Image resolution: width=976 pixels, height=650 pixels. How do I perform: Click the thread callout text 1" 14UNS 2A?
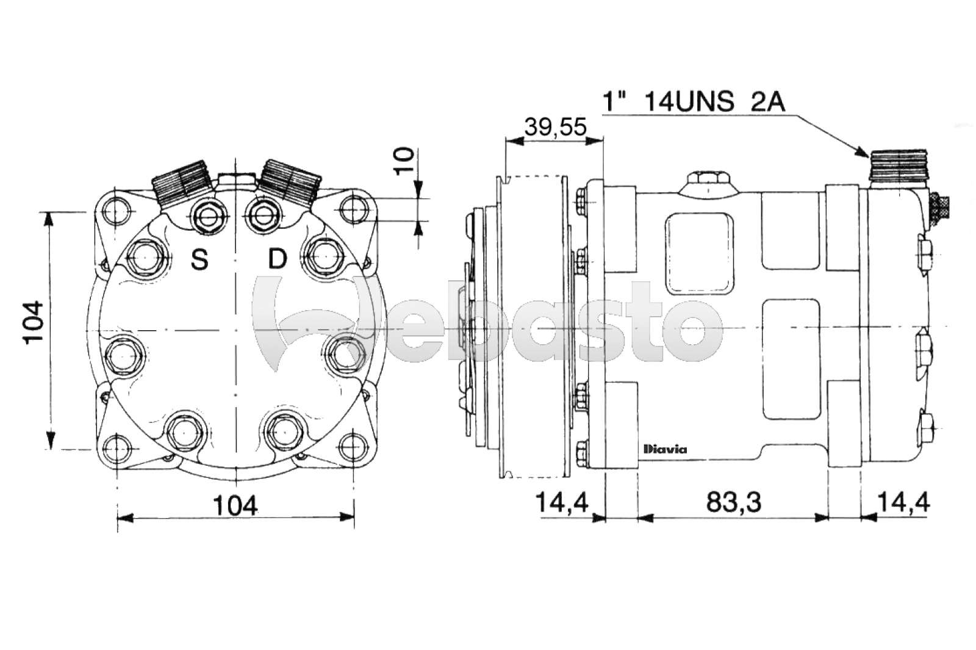pyautogui.click(x=693, y=101)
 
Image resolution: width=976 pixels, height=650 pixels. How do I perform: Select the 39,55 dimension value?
pyautogui.click(x=555, y=127)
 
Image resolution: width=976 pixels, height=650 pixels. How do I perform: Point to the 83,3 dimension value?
pyautogui.click(x=734, y=502)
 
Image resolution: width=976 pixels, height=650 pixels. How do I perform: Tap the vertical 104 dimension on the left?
pyautogui.click(x=34, y=322)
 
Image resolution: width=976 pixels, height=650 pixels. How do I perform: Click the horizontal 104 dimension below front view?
pyautogui.click(x=235, y=505)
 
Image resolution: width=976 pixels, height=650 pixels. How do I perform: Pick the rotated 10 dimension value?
pyautogui.click(x=404, y=161)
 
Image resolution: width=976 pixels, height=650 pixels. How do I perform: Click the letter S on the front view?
pyautogui.click(x=199, y=260)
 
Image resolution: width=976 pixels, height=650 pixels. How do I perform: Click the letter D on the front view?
pyautogui.click(x=278, y=259)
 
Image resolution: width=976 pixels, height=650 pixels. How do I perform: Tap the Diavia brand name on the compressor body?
pyautogui.click(x=665, y=450)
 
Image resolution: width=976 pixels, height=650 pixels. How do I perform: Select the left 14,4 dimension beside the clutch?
pyautogui.click(x=561, y=502)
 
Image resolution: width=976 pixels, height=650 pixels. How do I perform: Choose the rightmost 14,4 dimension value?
pyautogui.click(x=903, y=502)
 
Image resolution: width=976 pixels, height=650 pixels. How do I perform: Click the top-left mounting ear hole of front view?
pyautogui.click(x=116, y=211)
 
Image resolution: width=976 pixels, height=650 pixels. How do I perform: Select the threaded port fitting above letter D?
pyautogui.click(x=290, y=181)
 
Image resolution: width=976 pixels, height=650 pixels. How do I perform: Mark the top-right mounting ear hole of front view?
pyautogui.click(x=353, y=209)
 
